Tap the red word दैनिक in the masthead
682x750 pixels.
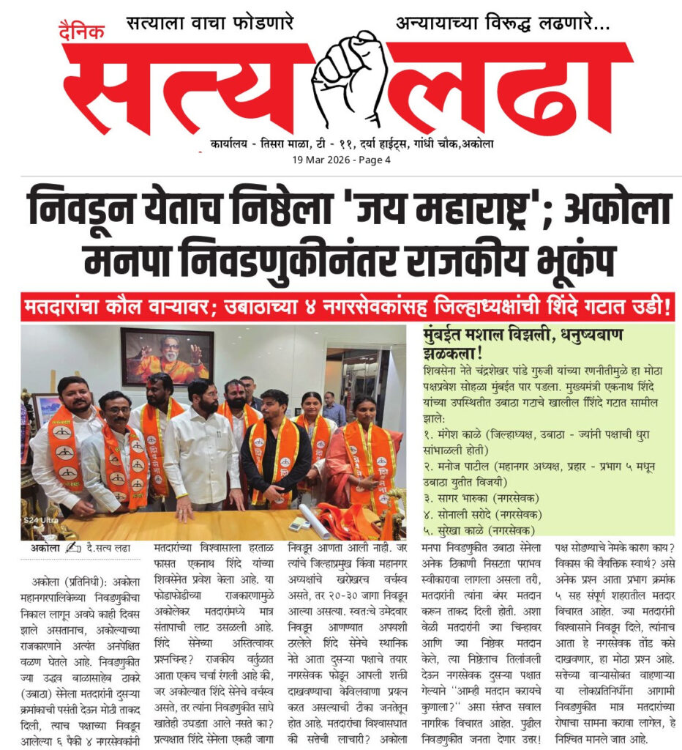pos(82,31)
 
